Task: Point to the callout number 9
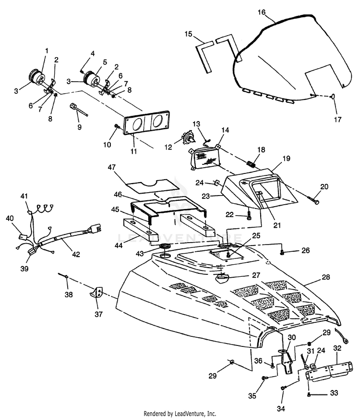pyautogui.click(x=80, y=127)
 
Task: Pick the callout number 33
pyautogui.click(x=334, y=393)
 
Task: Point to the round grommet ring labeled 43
pyautogui.click(x=164, y=247)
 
